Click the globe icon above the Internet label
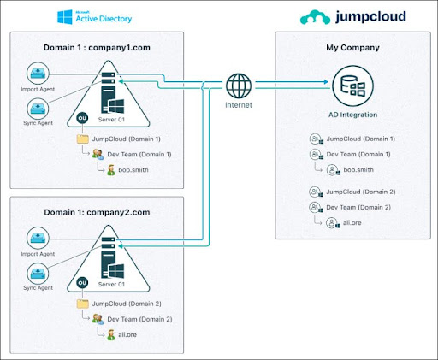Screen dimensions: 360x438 coord(239,86)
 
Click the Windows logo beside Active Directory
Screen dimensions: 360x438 coord(64,16)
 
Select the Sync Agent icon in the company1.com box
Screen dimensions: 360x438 coord(39,109)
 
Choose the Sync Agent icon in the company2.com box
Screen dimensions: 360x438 coord(39,272)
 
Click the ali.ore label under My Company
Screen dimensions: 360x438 coord(349,222)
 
